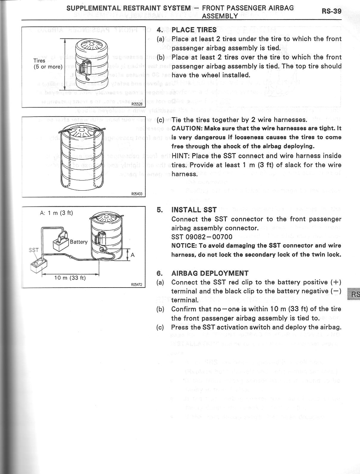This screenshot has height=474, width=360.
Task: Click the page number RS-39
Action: tap(331, 11)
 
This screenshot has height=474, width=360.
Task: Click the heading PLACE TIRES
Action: tap(194, 30)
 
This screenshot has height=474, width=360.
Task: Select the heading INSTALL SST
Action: tap(194, 210)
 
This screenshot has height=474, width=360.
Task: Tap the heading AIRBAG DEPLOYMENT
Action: tap(210, 273)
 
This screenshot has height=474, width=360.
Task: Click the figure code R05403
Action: tap(137, 194)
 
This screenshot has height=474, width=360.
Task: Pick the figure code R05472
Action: tap(137, 285)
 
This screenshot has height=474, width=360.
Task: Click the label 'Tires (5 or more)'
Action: tap(48, 64)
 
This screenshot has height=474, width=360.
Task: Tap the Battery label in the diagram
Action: tap(79, 242)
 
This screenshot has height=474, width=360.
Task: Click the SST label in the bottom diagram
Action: tap(33, 250)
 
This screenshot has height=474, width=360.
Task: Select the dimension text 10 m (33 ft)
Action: tap(70, 278)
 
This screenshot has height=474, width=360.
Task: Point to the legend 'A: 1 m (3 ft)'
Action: tap(56, 213)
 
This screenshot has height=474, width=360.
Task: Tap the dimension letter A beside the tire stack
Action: tap(133, 255)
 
